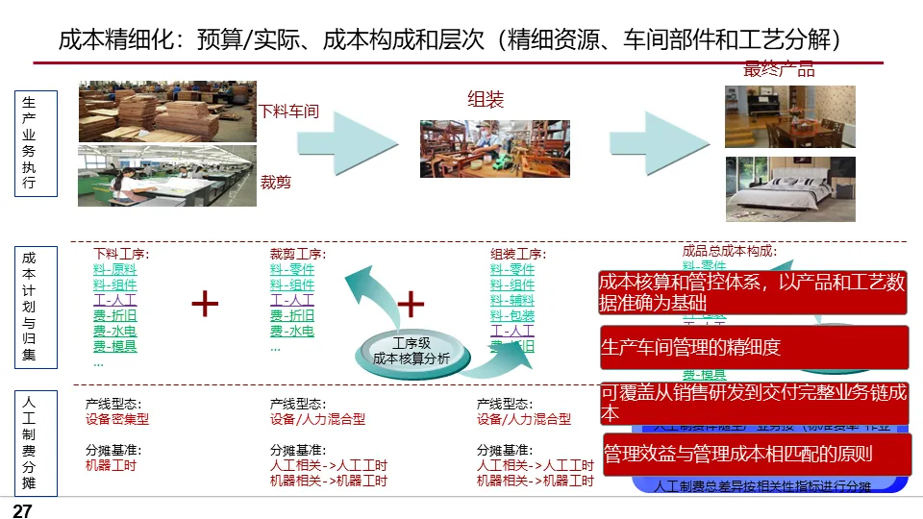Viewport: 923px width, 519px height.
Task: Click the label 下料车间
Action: pos(289,111)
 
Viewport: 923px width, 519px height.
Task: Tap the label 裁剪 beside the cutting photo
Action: pos(276,181)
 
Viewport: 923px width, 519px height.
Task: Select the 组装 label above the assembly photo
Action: pos(486,99)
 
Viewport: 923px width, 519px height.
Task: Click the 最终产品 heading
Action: pos(779,68)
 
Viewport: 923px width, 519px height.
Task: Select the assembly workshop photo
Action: pos(494,149)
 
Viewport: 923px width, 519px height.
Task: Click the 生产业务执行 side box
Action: pos(29,143)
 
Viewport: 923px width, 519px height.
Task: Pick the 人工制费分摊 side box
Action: pos(29,440)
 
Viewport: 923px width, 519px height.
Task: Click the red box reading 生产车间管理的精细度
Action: pos(754,348)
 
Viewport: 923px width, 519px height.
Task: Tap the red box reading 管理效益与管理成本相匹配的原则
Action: pos(757,454)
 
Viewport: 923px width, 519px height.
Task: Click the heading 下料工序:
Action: pos(121,254)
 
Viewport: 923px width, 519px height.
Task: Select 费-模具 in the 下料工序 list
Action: pos(114,347)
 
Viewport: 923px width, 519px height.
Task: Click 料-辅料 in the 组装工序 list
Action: pos(512,300)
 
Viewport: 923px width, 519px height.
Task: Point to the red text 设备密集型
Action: pos(117,419)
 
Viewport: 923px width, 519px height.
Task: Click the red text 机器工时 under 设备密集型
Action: pos(111,465)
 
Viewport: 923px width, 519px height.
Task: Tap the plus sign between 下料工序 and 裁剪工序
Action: pos(205,304)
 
